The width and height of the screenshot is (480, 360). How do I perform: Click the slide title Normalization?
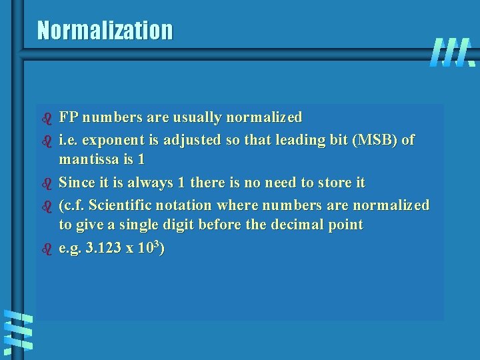(105, 30)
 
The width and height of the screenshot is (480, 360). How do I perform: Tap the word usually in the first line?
(197, 118)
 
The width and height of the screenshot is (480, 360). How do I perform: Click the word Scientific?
(123, 204)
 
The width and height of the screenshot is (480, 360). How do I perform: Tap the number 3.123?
(103, 248)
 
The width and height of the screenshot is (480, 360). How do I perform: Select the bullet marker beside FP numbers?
(47, 118)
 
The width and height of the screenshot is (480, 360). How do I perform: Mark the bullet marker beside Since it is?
(47, 182)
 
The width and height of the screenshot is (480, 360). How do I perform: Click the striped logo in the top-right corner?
(452, 53)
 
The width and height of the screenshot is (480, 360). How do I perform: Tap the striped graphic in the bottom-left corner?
(17, 331)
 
